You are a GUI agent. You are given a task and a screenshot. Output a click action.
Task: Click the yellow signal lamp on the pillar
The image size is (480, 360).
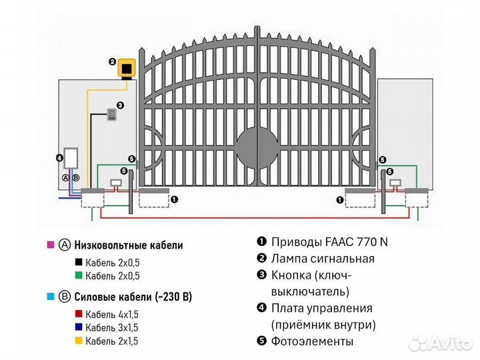(x=126, y=69)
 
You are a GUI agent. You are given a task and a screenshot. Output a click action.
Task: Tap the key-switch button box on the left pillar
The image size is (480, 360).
(x=112, y=115)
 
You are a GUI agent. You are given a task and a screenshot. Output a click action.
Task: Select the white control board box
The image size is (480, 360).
(x=71, y=158)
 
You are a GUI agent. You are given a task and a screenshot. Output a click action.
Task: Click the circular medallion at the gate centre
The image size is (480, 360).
(x=257, y=147)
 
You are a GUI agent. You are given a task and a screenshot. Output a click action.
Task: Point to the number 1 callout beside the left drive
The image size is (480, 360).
(x=174, y=199)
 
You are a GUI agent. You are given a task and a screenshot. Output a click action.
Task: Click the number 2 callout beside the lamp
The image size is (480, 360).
(x=112, y=61)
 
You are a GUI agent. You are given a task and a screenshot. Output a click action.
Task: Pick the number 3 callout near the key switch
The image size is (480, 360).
(x=121, y=105)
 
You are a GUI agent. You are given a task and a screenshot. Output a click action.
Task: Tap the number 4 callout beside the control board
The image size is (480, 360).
(x=59, y=159)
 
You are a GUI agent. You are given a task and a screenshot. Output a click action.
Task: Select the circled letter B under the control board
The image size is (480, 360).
(x=75, y=178)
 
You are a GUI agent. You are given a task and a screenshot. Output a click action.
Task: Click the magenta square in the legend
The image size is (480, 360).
(x=51, y=245)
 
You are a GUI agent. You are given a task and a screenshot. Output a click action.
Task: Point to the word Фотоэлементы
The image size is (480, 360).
(x=313, y=341)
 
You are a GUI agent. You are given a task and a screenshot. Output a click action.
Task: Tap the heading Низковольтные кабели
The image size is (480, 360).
(x=128, y=245)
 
